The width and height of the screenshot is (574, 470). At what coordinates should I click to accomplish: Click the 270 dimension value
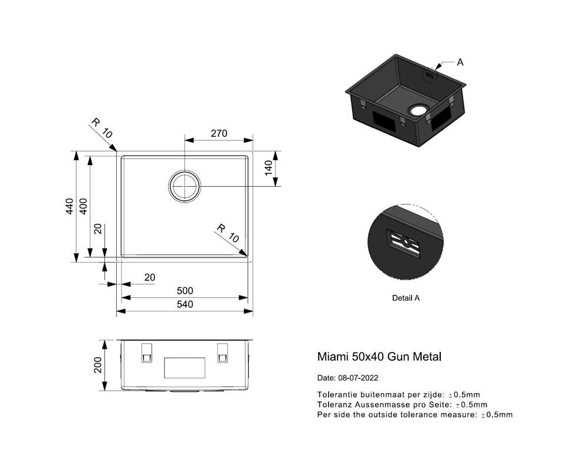click(x=219, y=133)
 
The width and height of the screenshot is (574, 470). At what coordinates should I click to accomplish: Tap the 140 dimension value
click(x=269, y=168)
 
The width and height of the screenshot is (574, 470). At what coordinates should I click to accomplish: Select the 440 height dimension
click(x=69, y=206)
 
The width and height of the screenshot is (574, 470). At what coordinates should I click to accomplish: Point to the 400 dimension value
click(x=83, y=206)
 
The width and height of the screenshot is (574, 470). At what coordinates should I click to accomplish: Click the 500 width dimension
click(x=185, y=291)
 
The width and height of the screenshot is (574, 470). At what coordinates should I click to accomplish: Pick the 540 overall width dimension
click(x=185, y=304)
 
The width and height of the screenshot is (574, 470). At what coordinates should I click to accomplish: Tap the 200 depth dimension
click(x=98, y=365)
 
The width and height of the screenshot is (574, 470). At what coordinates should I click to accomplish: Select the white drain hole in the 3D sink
click(x=417, y=109)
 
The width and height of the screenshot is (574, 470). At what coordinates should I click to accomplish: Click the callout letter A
click(x=460, y=63)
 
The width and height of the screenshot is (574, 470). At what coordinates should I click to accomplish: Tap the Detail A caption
click(x=406, y=298)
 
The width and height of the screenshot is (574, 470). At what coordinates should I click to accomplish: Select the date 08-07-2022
click(x=358, y=378)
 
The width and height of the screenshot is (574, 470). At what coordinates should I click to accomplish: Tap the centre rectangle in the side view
click(x=184, y=368)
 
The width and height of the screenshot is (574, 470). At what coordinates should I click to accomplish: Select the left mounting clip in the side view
click(x=146, y=352)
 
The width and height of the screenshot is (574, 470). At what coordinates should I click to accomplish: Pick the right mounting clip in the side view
click(x=222, y=352)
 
